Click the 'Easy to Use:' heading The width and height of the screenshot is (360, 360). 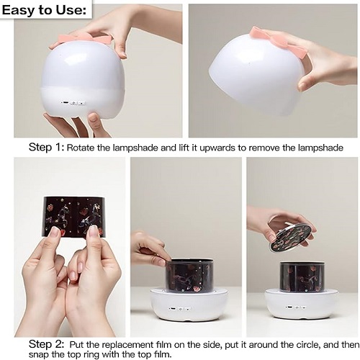tap(44, 10)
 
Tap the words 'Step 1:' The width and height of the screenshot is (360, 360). tap(47, 147)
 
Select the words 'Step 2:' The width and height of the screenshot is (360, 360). tap(47, 344)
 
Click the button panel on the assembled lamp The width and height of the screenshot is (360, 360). tap(73, 103)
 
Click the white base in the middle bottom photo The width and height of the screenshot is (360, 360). tap(189, 305)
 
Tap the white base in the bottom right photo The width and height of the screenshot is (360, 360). tap(302, 305)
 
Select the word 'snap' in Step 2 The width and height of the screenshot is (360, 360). tap(37, 355)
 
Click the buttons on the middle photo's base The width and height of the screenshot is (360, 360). tap(180, 308)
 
